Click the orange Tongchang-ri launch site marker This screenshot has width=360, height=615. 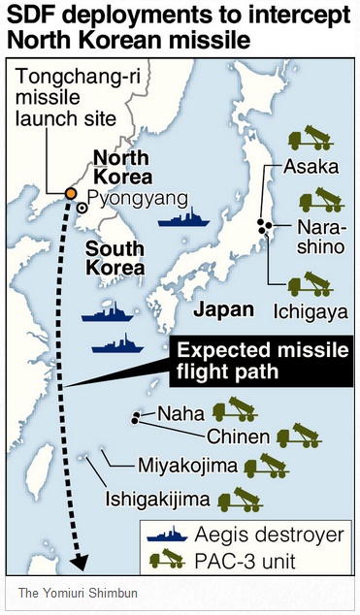tap(72, 193)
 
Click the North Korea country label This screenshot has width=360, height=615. tap(122, 167)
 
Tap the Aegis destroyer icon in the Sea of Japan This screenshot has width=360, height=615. tap(184, 218)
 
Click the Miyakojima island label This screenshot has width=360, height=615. tap(187, 467)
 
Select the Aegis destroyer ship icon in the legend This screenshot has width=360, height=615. tap(169, 534)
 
